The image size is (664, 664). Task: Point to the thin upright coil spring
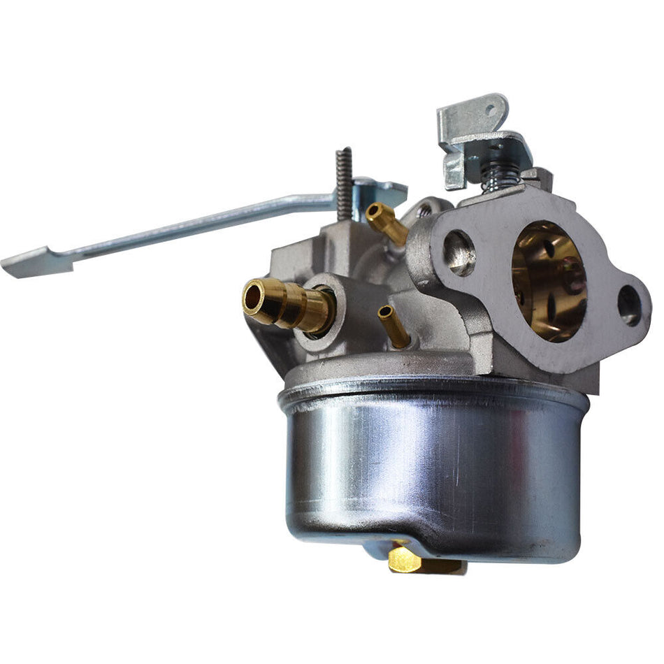coord(343,183)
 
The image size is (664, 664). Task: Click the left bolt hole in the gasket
coord(459,252)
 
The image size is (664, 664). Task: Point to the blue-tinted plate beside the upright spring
coord(377,190)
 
